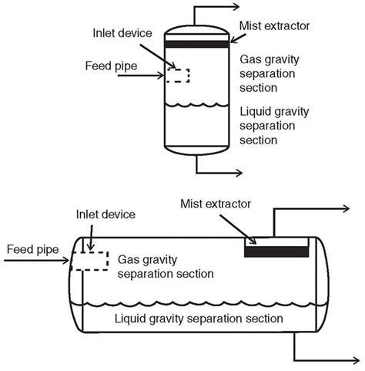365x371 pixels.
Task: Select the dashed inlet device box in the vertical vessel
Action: (179, 76)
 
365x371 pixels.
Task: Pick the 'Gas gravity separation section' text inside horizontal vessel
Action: (166, 265)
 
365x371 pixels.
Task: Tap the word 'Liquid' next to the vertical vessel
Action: (255, 112)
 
